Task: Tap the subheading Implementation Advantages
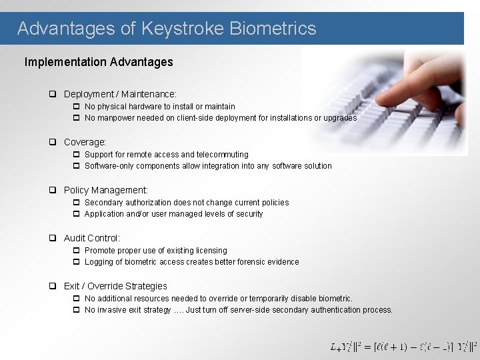point(99,62)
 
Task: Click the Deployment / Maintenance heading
point(120,95)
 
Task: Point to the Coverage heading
point(85,142)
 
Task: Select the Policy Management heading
point(105,190)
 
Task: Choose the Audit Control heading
point(92,238)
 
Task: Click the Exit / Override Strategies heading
point(115,286)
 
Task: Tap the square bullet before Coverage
point(53,142)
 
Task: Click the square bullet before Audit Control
point(53,238)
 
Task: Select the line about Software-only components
point(208,166)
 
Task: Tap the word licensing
point(211,251)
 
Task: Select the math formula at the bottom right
point(403,347)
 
